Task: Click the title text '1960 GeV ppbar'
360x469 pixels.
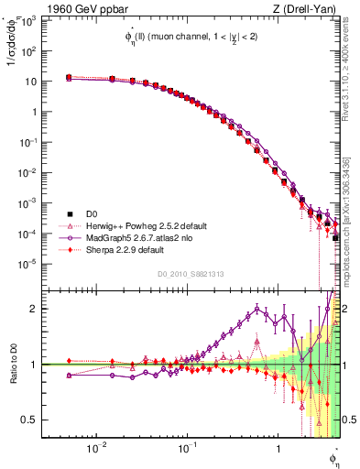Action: (x=81, y=8)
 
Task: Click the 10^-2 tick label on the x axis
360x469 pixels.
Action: (x=96, y=449)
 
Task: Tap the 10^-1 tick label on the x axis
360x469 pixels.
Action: (x=187, y=449)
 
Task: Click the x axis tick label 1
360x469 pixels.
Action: (x=278, y=449)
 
